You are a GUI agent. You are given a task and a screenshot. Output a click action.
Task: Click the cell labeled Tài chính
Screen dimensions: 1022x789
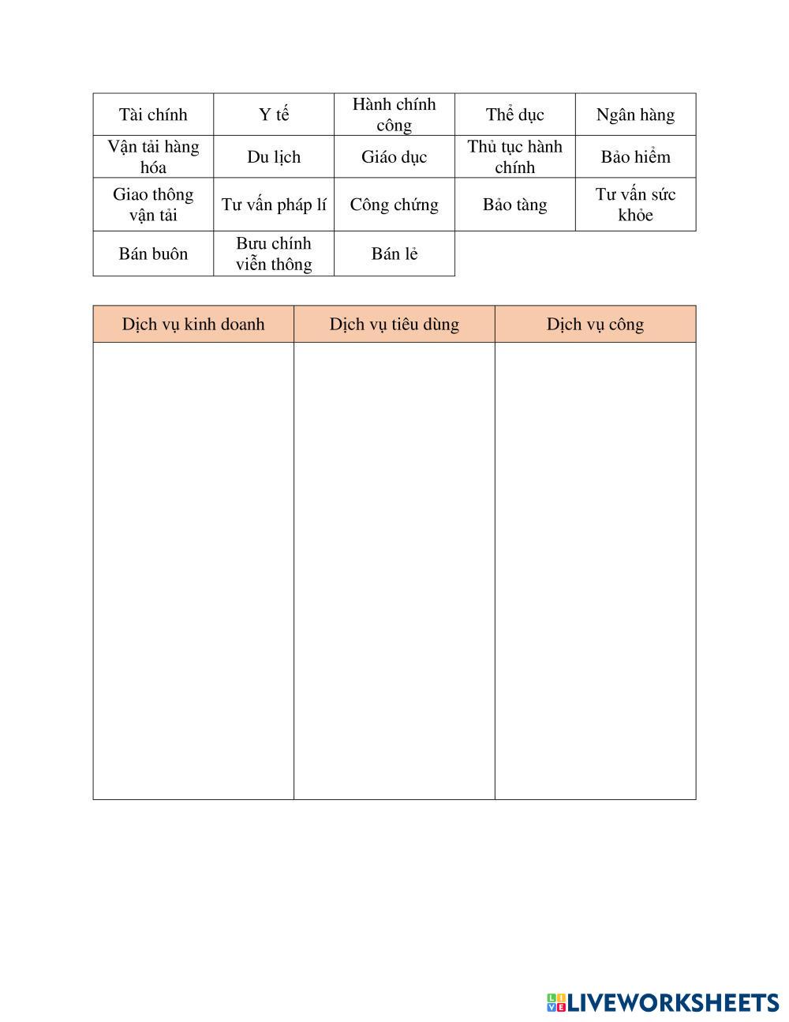[153, 115]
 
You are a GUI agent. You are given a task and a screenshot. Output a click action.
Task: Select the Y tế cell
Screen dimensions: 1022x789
[274, 115]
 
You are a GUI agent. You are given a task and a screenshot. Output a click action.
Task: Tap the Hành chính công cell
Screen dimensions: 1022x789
[394, 115]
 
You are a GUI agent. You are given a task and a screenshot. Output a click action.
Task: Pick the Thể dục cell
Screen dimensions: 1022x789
[514, 115]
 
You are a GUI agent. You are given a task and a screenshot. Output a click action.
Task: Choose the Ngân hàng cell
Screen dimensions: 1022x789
[635, 115]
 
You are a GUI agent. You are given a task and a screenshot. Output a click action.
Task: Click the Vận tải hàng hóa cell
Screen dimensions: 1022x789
[153, 156]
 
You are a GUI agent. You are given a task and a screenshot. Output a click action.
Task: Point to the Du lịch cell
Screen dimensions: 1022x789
[274, 156]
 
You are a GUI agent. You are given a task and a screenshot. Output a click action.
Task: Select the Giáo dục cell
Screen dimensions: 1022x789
[394, 156]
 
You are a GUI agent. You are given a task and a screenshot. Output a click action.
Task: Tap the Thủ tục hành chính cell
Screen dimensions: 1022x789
[514, 156]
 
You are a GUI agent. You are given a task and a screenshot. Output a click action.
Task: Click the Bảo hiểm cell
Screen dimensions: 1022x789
[635, 156]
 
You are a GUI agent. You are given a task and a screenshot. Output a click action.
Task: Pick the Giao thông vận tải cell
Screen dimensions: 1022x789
[153, 205]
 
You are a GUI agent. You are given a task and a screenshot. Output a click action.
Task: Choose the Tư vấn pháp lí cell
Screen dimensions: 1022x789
[274, 205]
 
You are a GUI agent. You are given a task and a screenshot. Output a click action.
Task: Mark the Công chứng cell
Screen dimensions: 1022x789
[394, 205]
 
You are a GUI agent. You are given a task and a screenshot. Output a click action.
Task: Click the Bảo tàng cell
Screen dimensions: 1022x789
[514, 205]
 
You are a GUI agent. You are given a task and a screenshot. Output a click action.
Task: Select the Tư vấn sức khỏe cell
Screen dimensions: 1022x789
[635, 205]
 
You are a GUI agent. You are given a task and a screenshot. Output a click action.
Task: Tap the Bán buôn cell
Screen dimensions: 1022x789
[153, 254]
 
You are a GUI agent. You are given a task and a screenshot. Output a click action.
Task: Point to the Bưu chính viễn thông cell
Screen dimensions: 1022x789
[274, 254]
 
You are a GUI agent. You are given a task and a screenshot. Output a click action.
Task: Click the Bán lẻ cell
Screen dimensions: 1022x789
[394, 254]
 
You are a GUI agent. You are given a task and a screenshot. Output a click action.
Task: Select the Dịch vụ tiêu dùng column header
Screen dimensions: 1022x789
[394, 324]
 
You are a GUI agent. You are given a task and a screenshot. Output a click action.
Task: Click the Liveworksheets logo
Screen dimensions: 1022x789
[663, 1002]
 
